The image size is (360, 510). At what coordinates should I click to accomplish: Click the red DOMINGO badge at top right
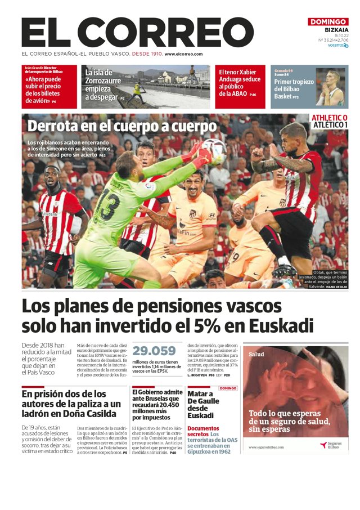[328, 22]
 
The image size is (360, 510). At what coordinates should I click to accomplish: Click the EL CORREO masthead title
[137, 33]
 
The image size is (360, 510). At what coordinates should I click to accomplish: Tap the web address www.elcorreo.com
[183, 54]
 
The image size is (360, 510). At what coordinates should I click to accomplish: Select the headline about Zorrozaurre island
[102, 85]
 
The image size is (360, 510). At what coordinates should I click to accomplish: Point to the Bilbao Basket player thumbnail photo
[330, 87]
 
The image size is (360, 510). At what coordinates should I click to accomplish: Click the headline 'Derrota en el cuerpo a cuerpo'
[122, 126]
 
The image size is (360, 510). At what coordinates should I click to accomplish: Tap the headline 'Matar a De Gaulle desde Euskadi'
[201, 404]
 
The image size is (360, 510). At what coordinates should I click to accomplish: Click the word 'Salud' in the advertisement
[256, 355]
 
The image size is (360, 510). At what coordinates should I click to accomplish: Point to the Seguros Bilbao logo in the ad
[331, 445]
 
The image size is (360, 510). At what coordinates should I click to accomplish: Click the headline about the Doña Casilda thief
[71, 404]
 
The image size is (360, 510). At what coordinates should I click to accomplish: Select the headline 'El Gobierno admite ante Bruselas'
[157, 404]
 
